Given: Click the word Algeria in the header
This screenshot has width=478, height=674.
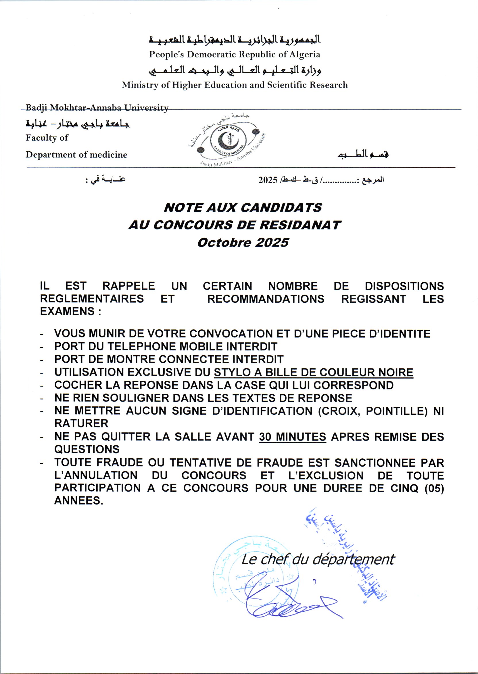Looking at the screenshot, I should pos(304,54).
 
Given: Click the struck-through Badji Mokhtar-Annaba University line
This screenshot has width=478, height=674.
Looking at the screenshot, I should pos(97,108).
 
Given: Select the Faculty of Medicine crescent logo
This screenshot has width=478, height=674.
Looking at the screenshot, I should pos(227,140).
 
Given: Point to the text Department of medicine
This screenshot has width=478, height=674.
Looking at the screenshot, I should pos(76,155).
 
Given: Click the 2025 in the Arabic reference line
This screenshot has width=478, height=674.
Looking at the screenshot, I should pos(268,180).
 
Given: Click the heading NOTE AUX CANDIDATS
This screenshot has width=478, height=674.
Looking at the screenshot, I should pos(243,208).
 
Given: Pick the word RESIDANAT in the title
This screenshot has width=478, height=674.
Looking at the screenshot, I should pos(300,225).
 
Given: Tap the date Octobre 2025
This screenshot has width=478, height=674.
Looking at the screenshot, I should pos(243,243).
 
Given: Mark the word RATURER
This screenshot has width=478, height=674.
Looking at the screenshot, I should pos(81,424).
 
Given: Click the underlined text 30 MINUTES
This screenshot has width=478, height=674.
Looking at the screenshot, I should pos(292,437).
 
